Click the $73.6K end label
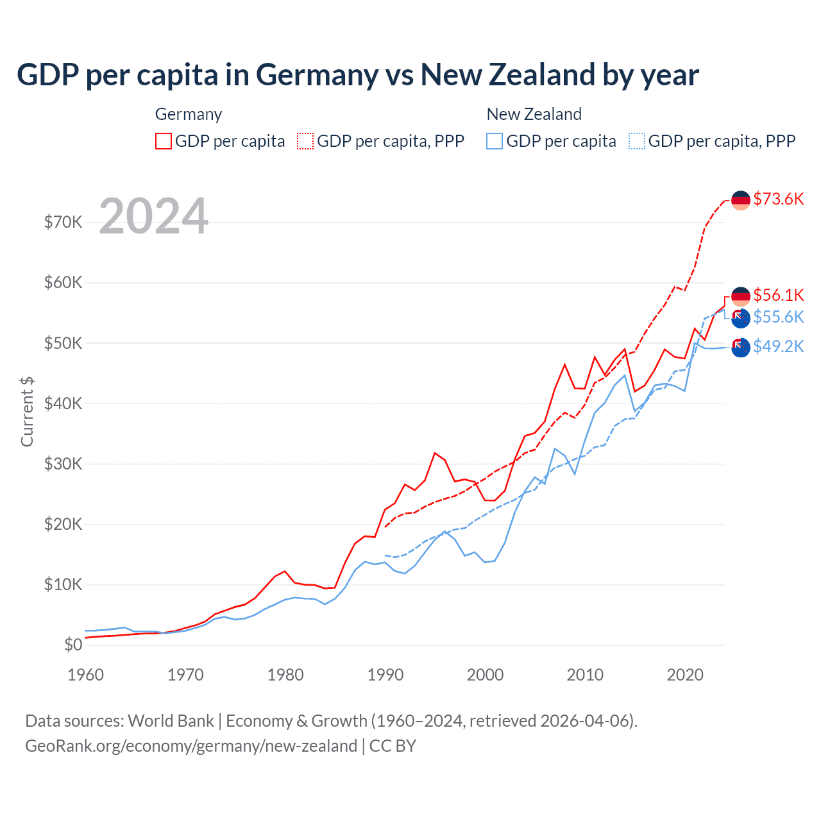[778, 199]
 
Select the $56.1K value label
[778, 295]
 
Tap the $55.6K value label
[778, 317]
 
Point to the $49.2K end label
[778, 346]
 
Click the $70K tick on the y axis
[63, 222]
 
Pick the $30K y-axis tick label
[63, 464]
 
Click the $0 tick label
[73, 645]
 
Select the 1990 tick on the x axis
[385, 675]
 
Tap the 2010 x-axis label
[585, 675]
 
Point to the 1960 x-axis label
[85, 675]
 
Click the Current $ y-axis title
[27, 411]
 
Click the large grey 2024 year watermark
[154, 216]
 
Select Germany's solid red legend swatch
[164, 141]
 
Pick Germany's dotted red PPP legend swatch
[305, 141]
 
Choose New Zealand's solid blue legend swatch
[495, 141]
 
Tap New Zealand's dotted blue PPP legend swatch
[637, 141]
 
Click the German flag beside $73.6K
[741, 200]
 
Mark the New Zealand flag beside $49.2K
[741, 347]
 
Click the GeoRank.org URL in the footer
[191, 746]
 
